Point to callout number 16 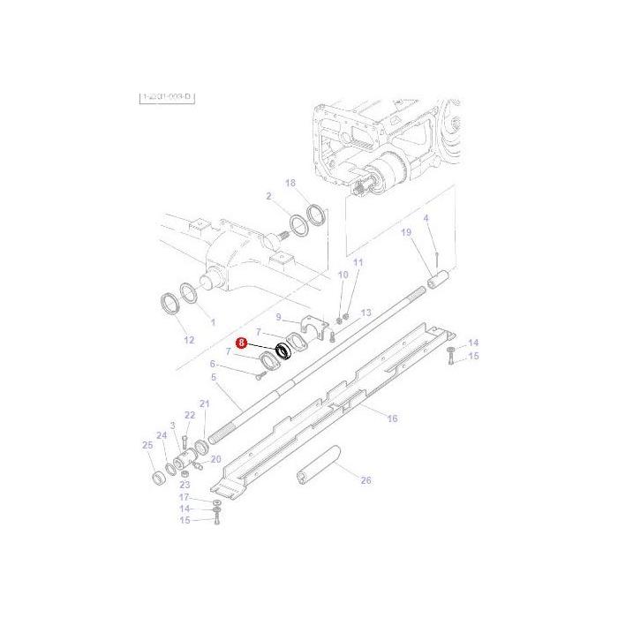point(393,418)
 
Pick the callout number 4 point(426,218)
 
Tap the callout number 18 point(290,183)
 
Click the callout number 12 point(188,339)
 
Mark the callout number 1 point(213,322)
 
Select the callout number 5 point(214,377)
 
